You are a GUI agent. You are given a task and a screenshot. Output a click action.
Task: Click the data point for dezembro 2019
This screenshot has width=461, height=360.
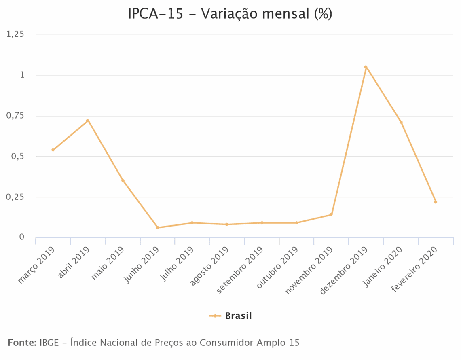tap(366, 67)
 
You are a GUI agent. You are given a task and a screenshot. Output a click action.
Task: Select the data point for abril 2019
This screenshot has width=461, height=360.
tap(87, 121)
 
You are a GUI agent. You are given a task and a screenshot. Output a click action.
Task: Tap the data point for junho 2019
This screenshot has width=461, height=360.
tap(157, 227)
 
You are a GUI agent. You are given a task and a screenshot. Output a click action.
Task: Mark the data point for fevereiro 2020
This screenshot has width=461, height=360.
tap(436, 202)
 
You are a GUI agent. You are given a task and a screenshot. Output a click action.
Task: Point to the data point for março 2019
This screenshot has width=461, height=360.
tap(53, 150)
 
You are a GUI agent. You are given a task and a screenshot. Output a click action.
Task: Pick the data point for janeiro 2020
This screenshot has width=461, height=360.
tap(401, 122)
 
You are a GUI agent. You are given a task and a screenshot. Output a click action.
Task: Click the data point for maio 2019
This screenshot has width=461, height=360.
tap(123, 180)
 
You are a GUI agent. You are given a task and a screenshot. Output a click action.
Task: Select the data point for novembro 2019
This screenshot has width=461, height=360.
tap(331, 214)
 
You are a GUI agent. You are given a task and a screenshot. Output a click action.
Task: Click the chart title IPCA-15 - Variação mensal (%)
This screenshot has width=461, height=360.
tap(230, 14)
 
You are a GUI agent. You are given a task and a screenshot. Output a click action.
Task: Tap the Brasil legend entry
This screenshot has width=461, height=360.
tap(238, 316)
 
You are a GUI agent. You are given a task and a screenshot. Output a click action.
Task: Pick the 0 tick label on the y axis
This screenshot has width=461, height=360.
tap(22, 237)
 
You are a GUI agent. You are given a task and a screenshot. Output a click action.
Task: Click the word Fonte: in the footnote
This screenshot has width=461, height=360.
tap(22, 343)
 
